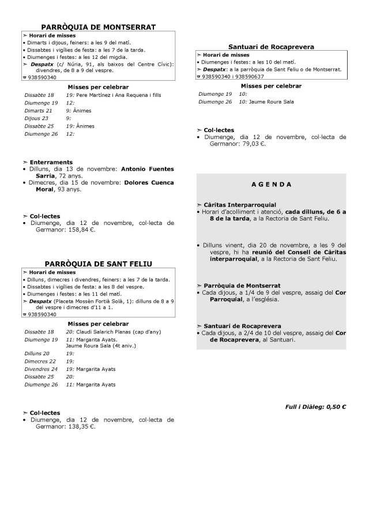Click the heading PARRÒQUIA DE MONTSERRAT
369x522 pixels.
(x=97, y=27)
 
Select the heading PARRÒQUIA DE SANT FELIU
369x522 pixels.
(x=97, y=264)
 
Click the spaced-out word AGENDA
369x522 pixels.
(x=271, y=185)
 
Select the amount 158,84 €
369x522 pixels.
(x=80, y=230)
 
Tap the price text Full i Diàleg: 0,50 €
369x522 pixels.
(x=315, y=406)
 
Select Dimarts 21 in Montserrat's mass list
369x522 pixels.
(x=38, y=110)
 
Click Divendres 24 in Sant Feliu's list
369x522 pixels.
(x=41, y=369)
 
